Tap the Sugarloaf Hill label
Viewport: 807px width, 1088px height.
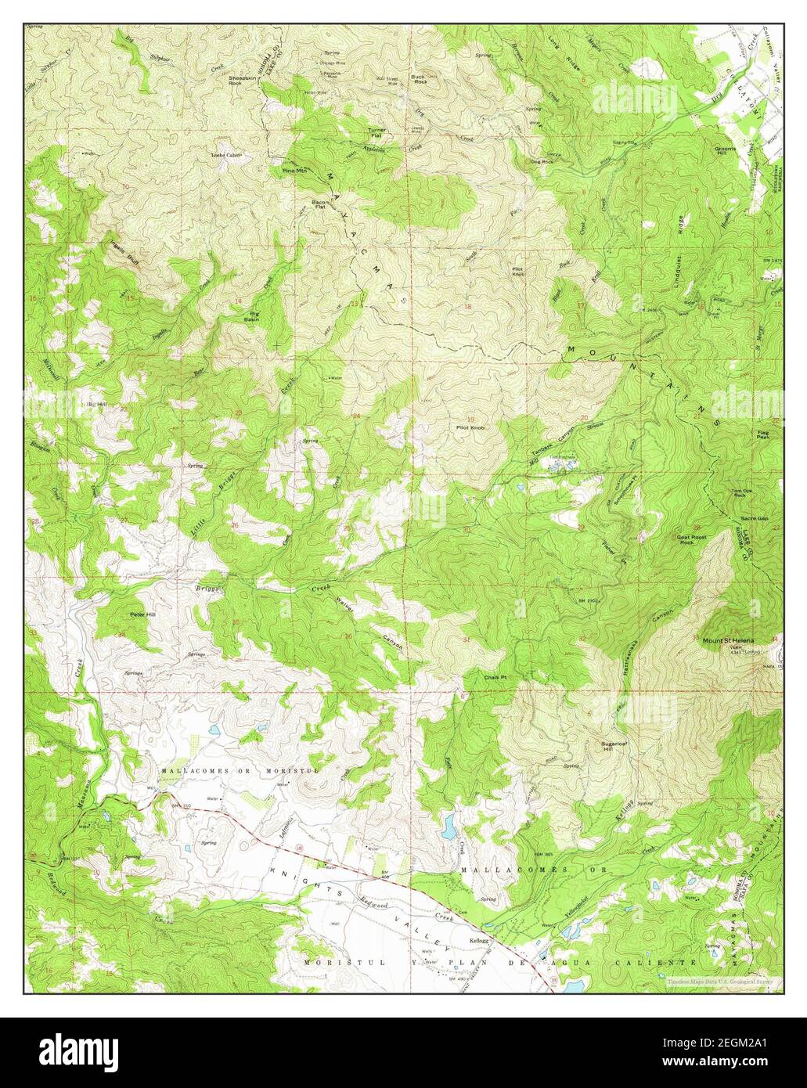(x=611, y=744)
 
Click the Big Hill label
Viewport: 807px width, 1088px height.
(x=96, y=403)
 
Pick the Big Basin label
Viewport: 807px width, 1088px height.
(x=251, y=316)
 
